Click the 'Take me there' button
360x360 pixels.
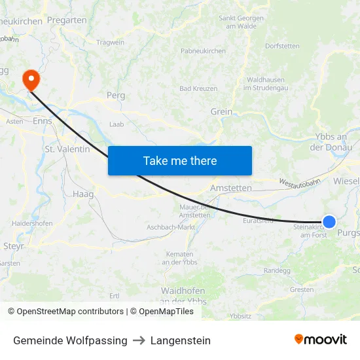pyautogui.click(x=179, y=160)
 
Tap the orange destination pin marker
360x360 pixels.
pyautogui.click(x=31, y=81)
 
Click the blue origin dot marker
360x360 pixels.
pyautogui.click(x=329, y=222)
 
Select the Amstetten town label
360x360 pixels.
pyautogui.click(x=230, y=188)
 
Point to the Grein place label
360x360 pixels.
pyautogui.click(x=221, y=111)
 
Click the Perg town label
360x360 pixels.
pyautogui.click(x=115, y=95)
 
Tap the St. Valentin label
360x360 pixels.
pyautogui.click(x=67, y=149)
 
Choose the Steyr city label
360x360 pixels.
pyautogui.click(x=14, y=246)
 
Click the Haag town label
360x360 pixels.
pyautogui.click(x=83, y=194)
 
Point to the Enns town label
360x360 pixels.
pyautogui.click(x=42, y=121)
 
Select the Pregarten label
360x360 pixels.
pyautogui.click(x=67, y=20)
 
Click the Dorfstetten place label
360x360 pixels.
pyautogui.click(x=283, y=46)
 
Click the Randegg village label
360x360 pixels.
pyautogui.click(x=276, y=270)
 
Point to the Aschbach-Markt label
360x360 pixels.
pyautogui.click(x=171, y=226)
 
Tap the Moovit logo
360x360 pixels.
pyautogui.click(x=320, y=340)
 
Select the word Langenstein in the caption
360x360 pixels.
pyautogui.click(x=181, y=340)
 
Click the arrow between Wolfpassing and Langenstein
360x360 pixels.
pyautogui.click(x=139, y=340)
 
